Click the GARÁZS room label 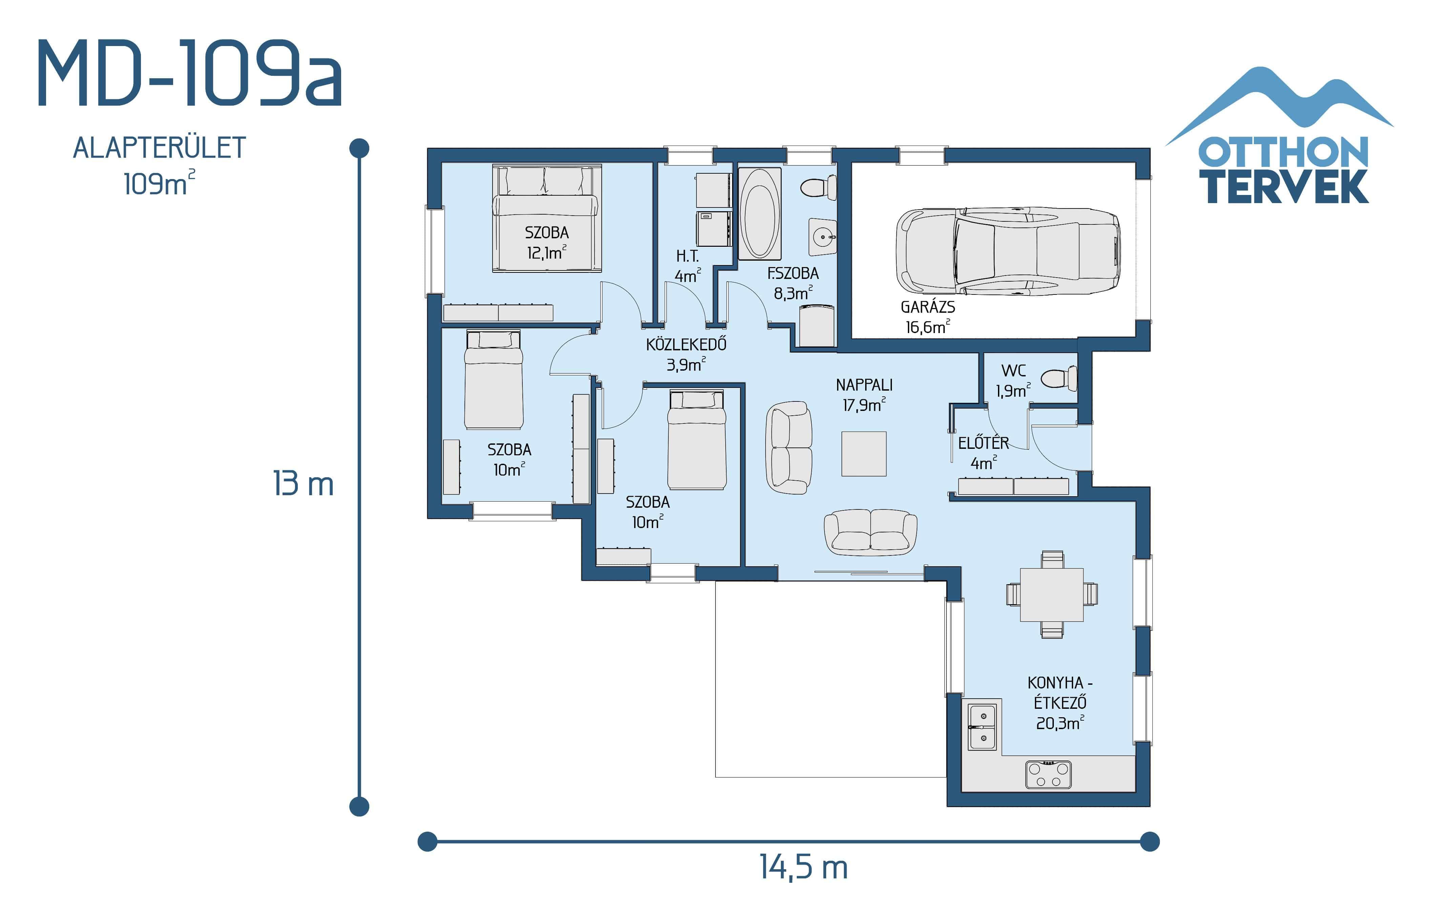tap(928, 307)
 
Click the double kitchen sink tap(982, 727)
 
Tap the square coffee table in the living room tap(863, 454)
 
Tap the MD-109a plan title tap(190, 74)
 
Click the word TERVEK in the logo tap(1287, 187)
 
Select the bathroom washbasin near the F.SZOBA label tap(822, 236)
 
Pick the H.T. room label tap(687, 257)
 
